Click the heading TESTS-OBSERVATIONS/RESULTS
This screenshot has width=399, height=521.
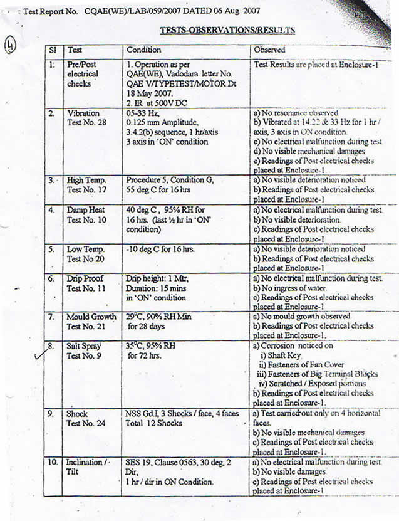(x=227, y=29)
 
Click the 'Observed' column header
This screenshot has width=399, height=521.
(x=270, y=50)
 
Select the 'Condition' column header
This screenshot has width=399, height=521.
(x=144, y=50)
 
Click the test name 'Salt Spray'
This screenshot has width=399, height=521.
(x=84, y=346)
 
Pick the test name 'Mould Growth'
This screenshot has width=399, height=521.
(x=91, y=317)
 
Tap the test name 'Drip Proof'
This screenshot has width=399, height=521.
(x=85, y=278)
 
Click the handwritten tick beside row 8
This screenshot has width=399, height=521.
(x=40, y=356)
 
